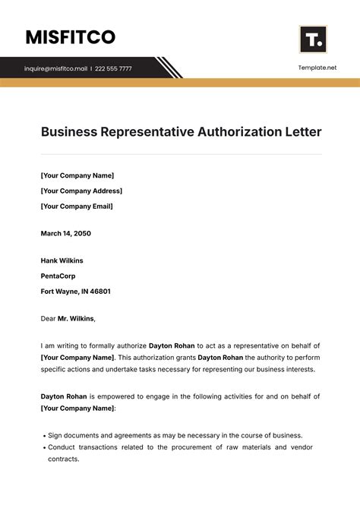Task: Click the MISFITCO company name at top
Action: pos(70,36)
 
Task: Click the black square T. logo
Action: pos(312,39)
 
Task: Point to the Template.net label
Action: pos(317,68)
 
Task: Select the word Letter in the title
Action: pos(302,132)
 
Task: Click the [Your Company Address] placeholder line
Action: pos(81,191)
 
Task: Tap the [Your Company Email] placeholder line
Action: pos(77,206)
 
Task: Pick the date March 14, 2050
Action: pos(65,233)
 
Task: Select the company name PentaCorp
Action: pos(58,276)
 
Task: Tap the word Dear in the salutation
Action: pos(48,318)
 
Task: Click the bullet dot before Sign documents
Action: pos(43,435)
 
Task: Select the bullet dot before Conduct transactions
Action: pos(43,447)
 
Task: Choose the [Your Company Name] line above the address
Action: pos(77,175)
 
